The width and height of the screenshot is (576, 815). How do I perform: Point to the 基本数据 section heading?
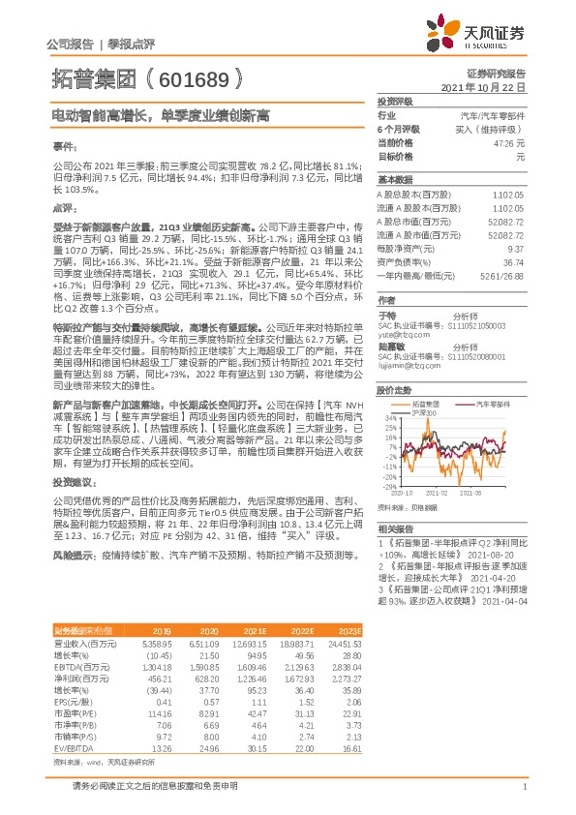pos(394,180)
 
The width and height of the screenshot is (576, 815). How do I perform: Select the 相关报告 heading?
pos(394,528)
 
